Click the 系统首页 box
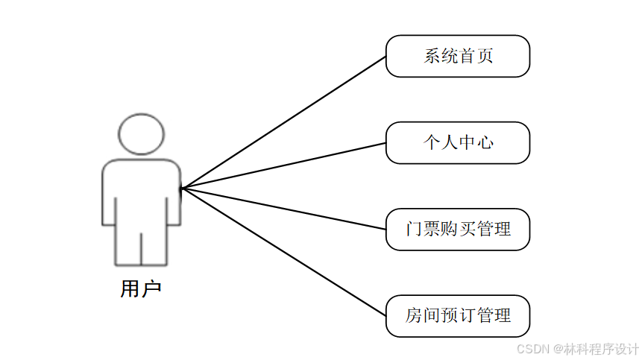(x=457, y=56)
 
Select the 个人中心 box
(x=457, y=142)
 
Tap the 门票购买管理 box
(x=457, y=229)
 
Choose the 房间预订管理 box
(x=457, y=315)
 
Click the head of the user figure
(x=141, y=134)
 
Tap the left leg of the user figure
(x=127, y=246)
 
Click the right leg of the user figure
(x=155, y=246)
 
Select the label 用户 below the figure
(x=140, y=289)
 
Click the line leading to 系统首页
(x=283, y=122)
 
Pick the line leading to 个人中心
(x=283, y=165)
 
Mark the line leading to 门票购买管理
(x=283, y=209)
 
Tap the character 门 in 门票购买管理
(x=414, y=229)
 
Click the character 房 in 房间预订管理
(x=414, y=315)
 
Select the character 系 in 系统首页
(x=432, y=56)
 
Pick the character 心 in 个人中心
(x=485, y=142)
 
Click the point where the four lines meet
(x=181, y=188)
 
